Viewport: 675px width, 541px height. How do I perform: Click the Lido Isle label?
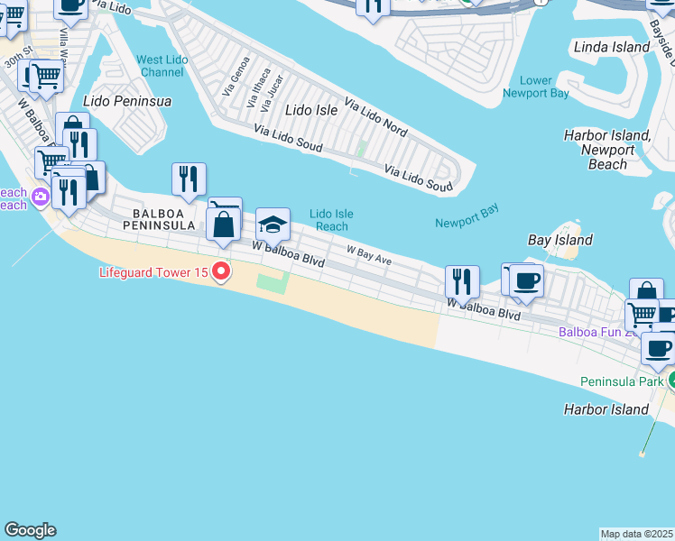pos(310,110)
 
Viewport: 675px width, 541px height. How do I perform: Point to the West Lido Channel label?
pos(162,66)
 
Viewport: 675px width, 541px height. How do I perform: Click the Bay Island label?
pos(559,240)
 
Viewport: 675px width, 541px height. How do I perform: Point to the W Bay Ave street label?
pos(369,254)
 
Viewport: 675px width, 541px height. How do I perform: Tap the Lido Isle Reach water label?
pos(331,220)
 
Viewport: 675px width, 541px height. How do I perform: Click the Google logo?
pos(30,530)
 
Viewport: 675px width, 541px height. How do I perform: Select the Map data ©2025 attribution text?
pos(636,534)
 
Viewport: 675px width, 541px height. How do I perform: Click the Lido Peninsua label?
pos(126,101)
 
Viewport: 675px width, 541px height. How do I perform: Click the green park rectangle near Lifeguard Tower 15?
pos(273,283)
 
